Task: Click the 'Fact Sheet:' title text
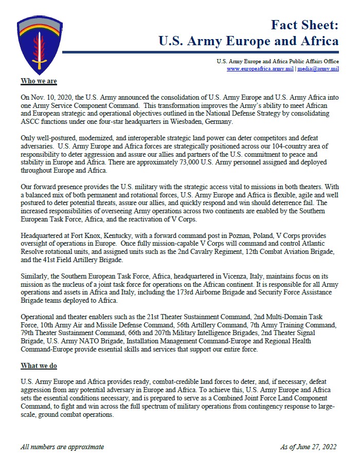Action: coord(304,24)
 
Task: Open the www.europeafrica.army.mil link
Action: coord(259,69)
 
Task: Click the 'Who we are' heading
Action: coord(39,81)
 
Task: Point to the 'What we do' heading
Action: coord(39,365)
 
